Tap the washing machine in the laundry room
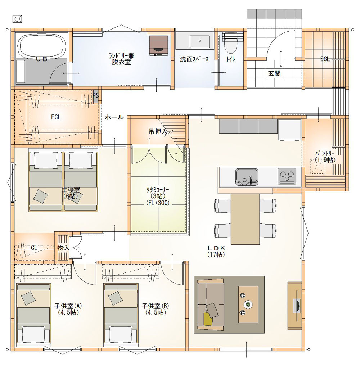tap(159, 45)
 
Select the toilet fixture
tap(230, 42)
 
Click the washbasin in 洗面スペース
tap(199, 41)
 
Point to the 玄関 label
tap(274, 73)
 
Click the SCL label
tap(325, 59)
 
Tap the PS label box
tap(95, 95)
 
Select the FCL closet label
tap(56, 117)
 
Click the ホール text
tap(114, 117)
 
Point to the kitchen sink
tap(247, 177)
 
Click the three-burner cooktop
tap(287, 176)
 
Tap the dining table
tap(245, 219)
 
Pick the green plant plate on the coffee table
tap(248, 304)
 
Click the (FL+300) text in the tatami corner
tap(158, 203)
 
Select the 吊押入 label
tap(158, 132)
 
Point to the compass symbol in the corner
tap(17, 19)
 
